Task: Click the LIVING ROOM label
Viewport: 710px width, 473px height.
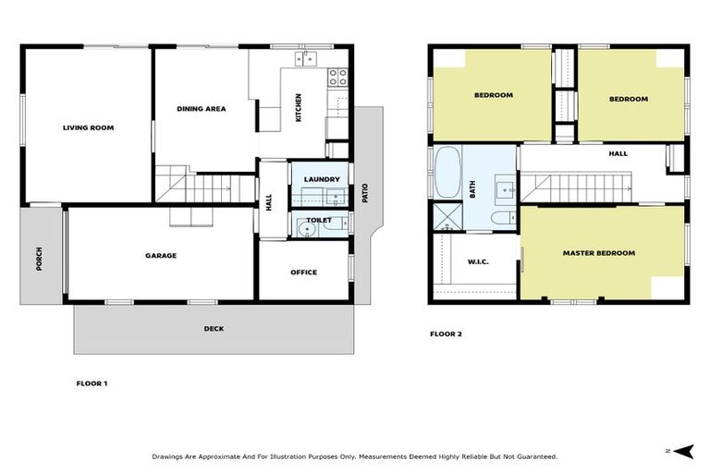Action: (88, 127)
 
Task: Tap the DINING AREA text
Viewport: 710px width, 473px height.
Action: (201, 109)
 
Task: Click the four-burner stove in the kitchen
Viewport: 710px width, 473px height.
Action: (338, 78)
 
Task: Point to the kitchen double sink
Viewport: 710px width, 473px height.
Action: (305, 59)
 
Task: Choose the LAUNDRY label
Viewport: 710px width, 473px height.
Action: (322, 179)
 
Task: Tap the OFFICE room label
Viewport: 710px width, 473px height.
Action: (303, 273)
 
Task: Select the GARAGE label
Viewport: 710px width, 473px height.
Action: (160, 256)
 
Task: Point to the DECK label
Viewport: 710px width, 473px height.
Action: (214, 329)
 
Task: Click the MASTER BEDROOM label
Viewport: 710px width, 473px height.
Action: (599, 252)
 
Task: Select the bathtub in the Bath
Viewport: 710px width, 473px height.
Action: (448, 173)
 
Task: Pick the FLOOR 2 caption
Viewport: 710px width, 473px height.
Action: (446, 334)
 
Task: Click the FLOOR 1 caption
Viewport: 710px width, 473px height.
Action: (92, 382)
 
